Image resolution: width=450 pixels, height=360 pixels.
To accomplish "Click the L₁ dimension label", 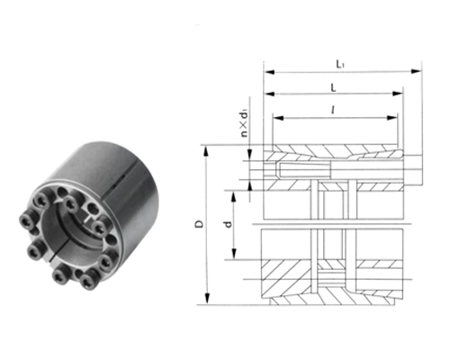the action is click(339, 64).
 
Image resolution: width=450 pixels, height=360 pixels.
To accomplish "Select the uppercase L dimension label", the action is click(333, 88).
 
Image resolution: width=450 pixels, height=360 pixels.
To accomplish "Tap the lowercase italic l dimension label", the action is click(333, 111).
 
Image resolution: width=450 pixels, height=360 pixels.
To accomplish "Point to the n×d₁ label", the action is click(245, 124).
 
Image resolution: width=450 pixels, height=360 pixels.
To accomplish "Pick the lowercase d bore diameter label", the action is click(229, 224).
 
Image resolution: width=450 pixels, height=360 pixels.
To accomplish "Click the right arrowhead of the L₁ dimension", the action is click(416, 71).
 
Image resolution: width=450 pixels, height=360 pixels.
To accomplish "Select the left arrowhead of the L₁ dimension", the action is click(269, 72).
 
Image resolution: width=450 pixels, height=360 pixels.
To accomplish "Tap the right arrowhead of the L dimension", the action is click(398, 94).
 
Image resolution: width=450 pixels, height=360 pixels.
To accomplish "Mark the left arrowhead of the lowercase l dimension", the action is click(278, 118).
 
